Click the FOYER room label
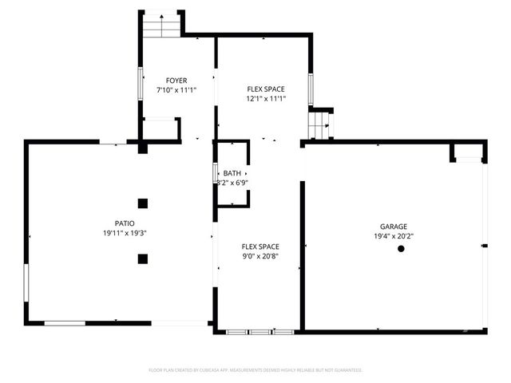pyautogui.click(x=176, y=81)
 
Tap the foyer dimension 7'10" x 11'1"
pyautogui.click(x=176, y=90)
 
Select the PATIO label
pyautogui.click(x=124, y=223)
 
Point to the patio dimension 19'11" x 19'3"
pyautogui.click(x=124, y=233)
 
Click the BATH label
pyautogui.click(x=232, y=173)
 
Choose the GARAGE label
pyautogui.click(x=394, y=227)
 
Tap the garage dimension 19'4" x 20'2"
pyautogui.click(x=394, y=236)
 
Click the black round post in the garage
pyautogui.click(x=401, y=249)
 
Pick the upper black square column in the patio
pyautogui.click(x=142, y=203)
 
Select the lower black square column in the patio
pyautogui.click(x=142, y=258)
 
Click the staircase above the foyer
pyautogui.click(x=162, y=26)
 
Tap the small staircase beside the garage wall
pyautogui.click(x=319, y=124)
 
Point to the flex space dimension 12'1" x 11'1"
pyautogui.click(x=266, y=99)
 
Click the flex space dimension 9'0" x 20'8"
pyautogui.click(x=260, y=257)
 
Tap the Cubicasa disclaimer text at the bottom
pyautogui.click(x=255, y=370)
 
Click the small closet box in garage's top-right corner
pyautogui.click(x=467, y=152)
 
